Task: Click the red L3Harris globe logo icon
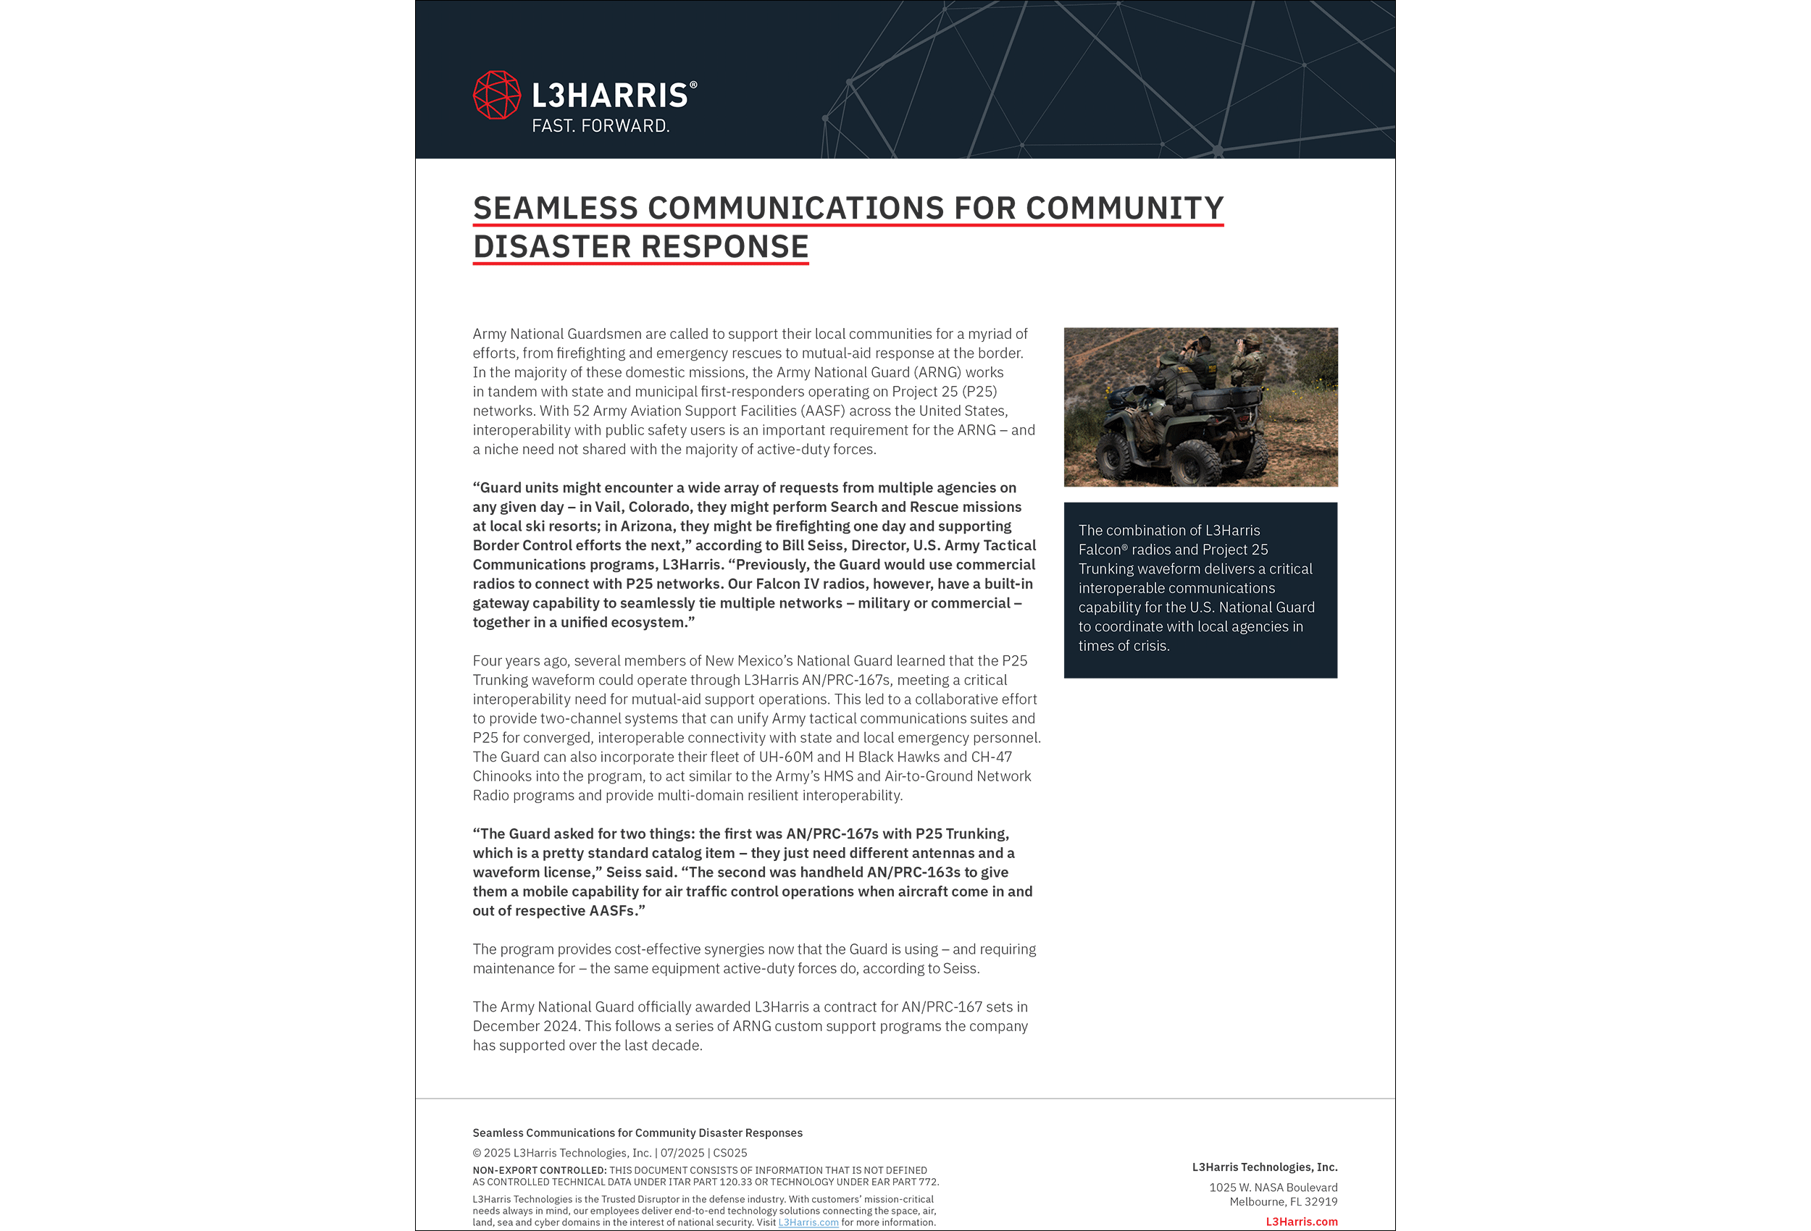[x=496, y=95]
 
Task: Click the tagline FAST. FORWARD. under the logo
[x=600, y=126]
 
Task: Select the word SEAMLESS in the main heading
[x=555, y=208]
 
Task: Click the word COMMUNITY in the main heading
[x=1124, y=208]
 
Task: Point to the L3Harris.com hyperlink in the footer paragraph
[x=808, y=1222]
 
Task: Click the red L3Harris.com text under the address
[x=1300, y=1222]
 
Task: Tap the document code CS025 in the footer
[x=730, y=1153]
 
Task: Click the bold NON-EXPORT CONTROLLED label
[x=538, y=1170]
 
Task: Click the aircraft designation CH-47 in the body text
[x=991, y=757]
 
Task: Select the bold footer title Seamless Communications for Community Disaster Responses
[x=637, y=1133]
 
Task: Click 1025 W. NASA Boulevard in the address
[x=1273, y=1188]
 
